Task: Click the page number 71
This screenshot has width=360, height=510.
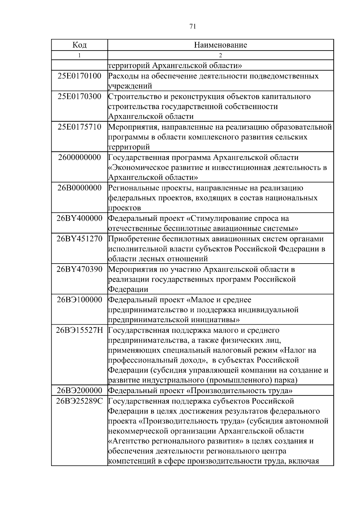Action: tap(193, 27)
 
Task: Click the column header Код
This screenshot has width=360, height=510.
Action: tap(79, 45)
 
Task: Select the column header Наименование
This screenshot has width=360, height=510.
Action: tap(220, 45)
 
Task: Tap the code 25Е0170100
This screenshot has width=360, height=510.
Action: tap(79, 76)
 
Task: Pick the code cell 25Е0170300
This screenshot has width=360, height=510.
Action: tap(79, 96)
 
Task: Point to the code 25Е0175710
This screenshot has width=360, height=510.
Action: tap(79, 127)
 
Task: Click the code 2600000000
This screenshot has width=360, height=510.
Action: tap(79, 157)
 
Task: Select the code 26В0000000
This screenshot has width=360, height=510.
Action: tap(79, 188)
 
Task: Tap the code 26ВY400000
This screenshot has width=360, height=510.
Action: tap(79, 218)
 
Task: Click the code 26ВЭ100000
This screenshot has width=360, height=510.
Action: tap(79, 300)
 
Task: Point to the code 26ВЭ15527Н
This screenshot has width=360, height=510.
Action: tap(79, 330)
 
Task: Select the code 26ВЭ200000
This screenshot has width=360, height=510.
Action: tap(79, 391)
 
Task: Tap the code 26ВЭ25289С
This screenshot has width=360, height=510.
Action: tap(79, 401)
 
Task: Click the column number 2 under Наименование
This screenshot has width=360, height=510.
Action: tap(220, 55)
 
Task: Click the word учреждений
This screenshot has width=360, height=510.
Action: tap(130, 86)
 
